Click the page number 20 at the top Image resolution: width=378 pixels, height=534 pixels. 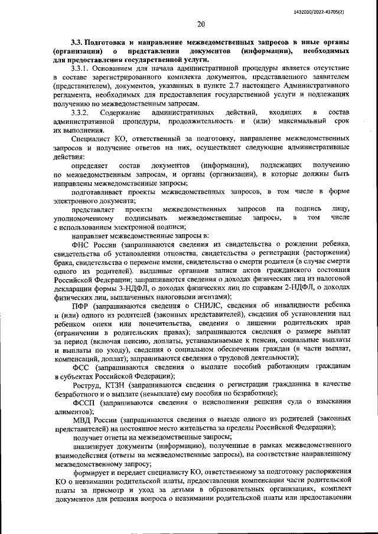[201, 24]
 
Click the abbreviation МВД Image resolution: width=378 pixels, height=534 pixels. [82, 420]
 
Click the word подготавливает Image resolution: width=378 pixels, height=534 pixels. [101, 192]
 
